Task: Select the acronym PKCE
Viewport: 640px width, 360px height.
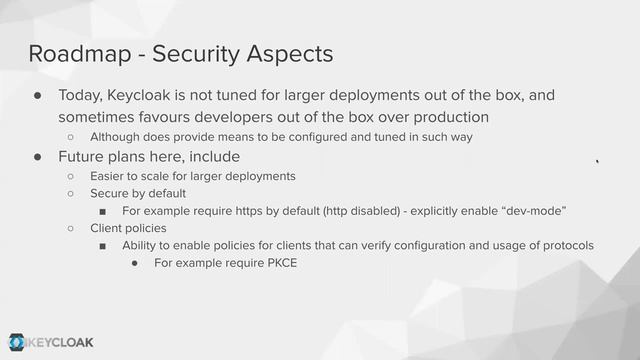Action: click(x=276, y=264)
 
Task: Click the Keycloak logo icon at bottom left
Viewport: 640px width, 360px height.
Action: click(x=17, y=342)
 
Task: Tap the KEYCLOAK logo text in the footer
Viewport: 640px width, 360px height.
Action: click(x=60, y=342)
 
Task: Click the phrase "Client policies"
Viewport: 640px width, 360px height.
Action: click(x=128, y=228)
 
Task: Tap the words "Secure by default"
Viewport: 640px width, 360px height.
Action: click(x=138, y=193)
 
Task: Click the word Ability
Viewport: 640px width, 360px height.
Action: click(x=141, y=246)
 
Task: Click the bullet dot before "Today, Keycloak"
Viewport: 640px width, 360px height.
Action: click(x=37, y=97)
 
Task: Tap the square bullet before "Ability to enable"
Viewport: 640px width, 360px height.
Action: click(x=102, y=246)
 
